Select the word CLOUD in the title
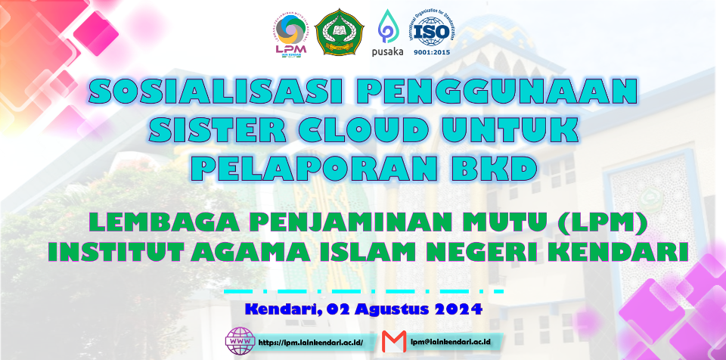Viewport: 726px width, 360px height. pyautogui.click(x=362, y=129)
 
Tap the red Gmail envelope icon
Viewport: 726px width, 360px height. pyautogui.click(x=394, y=342)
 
